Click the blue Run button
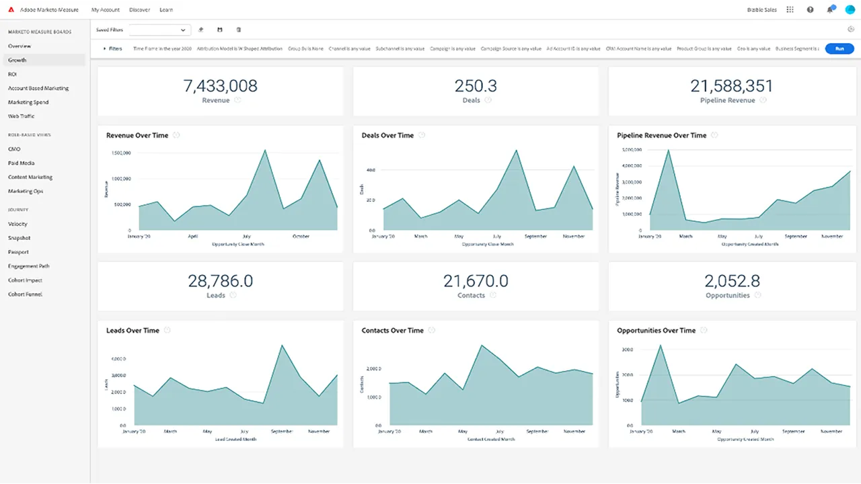pos(839,48)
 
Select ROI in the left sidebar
pos(12,74)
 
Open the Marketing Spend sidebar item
pos(28,102)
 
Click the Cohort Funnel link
pos(26,294)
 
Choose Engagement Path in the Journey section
pos(29,266)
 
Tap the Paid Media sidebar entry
pos(22,163)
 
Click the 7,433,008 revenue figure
pos(220,85)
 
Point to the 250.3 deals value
pos(476,85)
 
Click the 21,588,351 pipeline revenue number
pos(731,85)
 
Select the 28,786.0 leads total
pos(220,280)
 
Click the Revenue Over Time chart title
pos(137,135)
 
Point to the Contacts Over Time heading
pos(393,330)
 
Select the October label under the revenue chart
pos(301,237)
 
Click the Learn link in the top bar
pos(166,10)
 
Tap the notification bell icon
pos(829,10)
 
